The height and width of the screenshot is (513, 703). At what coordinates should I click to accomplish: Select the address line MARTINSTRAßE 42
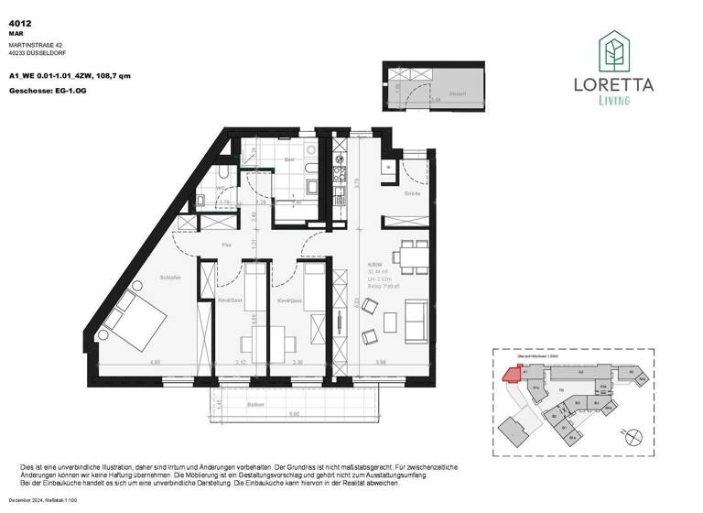click(x=34, y=43)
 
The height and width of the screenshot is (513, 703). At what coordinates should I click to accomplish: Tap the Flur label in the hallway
click(x=229, y=245)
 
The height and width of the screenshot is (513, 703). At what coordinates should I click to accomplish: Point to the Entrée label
click(x=411, y=193)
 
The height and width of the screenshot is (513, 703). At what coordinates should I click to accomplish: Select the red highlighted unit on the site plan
click(x=509, y=372)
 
